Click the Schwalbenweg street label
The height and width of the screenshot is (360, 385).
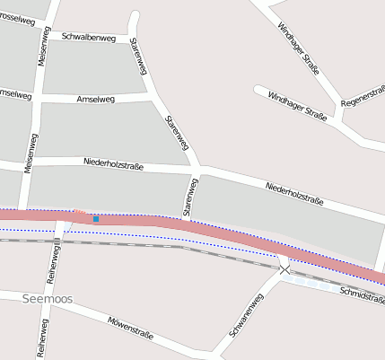[x=89, y=37]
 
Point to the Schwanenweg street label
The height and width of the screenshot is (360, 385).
[x=245, y=316]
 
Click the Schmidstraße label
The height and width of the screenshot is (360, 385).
[x=363, y=297]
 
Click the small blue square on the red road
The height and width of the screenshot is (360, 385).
[x=96, y=219]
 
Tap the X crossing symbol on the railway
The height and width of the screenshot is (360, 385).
[x=284, y=268]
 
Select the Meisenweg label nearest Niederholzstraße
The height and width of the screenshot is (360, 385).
[x=31, y=154]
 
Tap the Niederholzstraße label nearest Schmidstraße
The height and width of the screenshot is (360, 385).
[x=294, y=194]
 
